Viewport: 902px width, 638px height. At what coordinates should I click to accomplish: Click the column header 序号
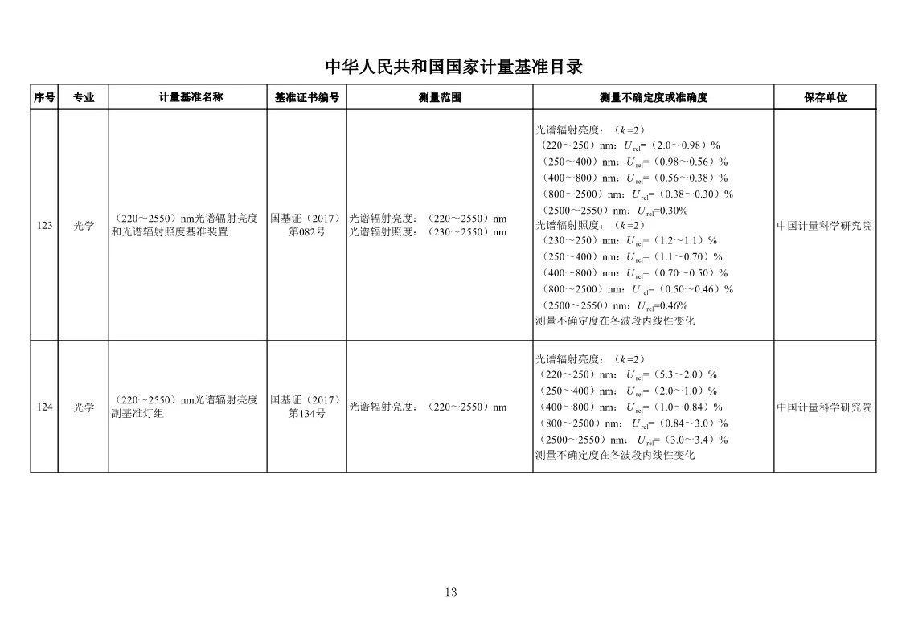[x=44, y=97]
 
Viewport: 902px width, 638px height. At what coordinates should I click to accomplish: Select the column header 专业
[x=84, y=97]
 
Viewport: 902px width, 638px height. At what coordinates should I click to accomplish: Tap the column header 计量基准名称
[x=191, y=97]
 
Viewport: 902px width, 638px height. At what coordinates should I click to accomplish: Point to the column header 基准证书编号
[x=306, y=97]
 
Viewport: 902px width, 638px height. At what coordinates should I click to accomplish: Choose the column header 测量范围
[x=440, y=97]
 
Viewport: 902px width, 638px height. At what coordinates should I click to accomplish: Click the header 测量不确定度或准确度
[x=653, y=97]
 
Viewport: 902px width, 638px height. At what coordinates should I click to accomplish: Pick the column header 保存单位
[x=825, y=97]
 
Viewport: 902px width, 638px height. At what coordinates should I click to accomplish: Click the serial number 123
[x=44, y=226]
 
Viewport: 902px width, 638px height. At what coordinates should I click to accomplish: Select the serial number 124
[x=44, y=407]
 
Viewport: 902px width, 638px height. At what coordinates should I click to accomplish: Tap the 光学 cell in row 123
[x=84, y=226]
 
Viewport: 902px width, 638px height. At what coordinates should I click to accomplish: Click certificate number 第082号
[x=306, y=232]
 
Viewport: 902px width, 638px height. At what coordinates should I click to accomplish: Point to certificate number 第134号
[x=306, y=414]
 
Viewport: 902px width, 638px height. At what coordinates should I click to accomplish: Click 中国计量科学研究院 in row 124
[x=824, y=407]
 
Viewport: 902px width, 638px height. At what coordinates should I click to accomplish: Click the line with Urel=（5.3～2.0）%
[x=627, y=374]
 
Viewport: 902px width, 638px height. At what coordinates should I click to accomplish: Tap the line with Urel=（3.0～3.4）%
[x=632, y=440]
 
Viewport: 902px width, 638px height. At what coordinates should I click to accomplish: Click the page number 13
[x=450, y=593]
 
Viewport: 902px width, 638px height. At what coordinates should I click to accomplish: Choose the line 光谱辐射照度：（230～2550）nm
[x=428, y=232]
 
